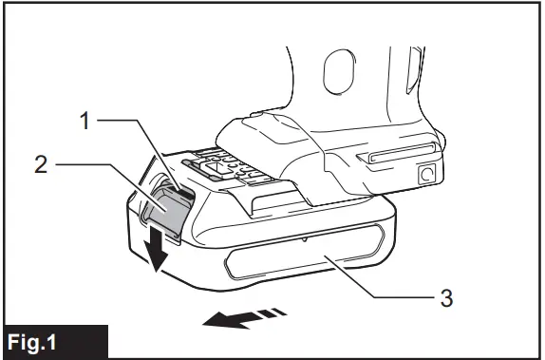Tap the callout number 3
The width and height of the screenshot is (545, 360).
tap(445, 297)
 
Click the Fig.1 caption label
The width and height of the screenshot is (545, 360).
tap(54, 341)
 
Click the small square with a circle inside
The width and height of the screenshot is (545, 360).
tap(427, 174)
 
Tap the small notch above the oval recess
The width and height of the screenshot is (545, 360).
tap(303, 241)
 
